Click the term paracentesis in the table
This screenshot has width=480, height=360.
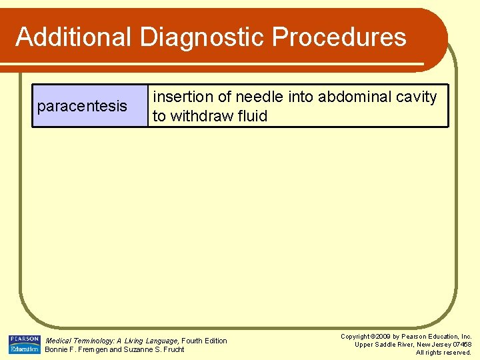tap(82, 106)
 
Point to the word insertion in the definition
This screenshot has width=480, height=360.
tap(181, 97)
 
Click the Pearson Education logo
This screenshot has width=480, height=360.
tap(24, 344)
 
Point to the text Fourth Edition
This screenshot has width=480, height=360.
tap(205, 341)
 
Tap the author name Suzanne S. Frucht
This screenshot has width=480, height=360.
tap(154, 349)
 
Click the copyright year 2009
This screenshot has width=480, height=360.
tap(383, 337)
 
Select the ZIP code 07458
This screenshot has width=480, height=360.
tap(461, 345)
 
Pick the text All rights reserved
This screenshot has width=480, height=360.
tap(443, 353)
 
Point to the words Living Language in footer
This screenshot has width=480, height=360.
tap(151, 341)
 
